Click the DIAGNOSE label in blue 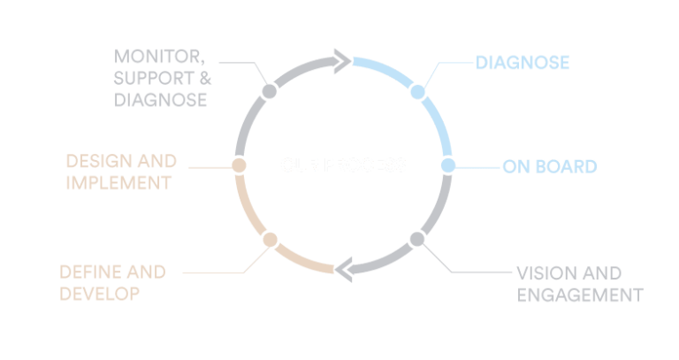click(522, 63)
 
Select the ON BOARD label click(550, 165)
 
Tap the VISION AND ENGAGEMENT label click(578, 283)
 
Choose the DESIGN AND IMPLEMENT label click(121, 172)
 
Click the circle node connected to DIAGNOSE click(418, 91)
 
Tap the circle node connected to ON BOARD click(447, 165)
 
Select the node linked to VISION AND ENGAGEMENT click(417, 239)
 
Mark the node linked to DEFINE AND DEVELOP click(271, 239)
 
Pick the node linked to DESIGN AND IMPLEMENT click(239, 165)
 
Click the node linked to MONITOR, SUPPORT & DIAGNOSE click(270, 91)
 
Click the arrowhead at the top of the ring click(341, 60)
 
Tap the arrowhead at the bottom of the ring click(345, 269)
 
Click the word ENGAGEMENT click(578, 294)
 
